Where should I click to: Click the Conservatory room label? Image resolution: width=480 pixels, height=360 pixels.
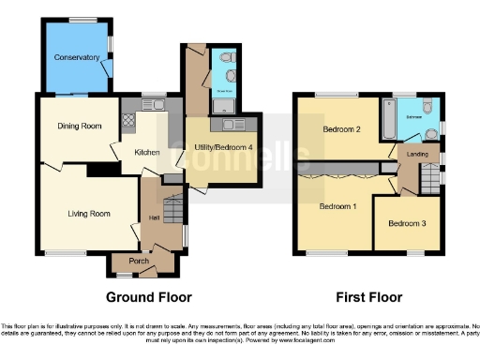77,57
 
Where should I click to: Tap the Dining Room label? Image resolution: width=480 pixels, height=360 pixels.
79,127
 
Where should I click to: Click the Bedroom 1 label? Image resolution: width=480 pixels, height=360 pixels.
338,205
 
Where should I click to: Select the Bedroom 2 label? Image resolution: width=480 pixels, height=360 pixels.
342,128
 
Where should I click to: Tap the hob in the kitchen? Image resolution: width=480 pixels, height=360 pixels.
127,121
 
